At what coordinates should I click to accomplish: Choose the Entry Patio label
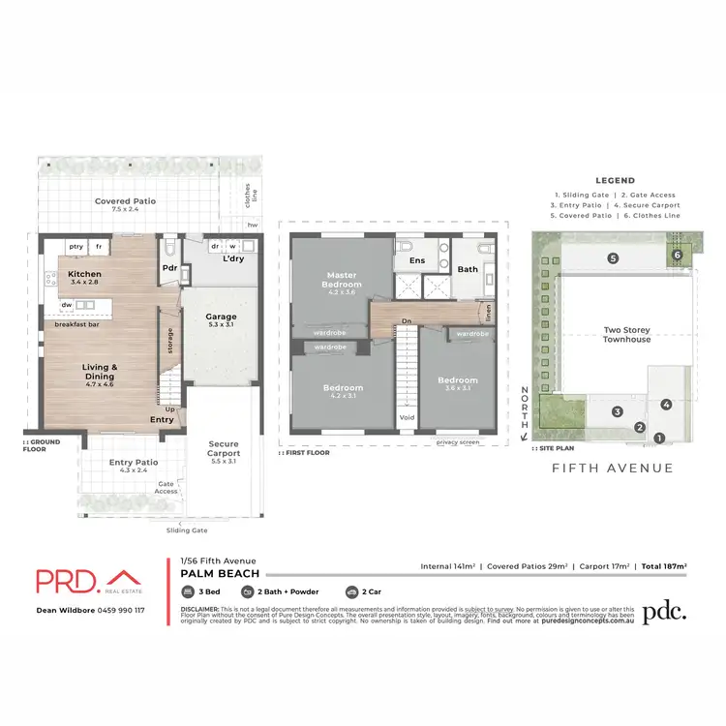(x=133, y=462)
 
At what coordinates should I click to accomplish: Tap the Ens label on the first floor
(x=417, y=260)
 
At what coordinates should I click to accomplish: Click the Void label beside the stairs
(x=407, y=418)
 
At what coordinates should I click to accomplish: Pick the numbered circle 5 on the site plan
(x=613, y=258)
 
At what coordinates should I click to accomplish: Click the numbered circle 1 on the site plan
(x=659, y=439)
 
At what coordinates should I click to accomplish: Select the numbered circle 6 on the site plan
(x=678, y=255)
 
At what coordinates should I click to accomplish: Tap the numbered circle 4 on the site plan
(x=666, y=404)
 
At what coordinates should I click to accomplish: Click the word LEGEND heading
(x=615, y=180)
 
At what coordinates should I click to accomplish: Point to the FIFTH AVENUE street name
(x=612, y=469)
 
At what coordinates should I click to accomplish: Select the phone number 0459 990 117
(x=113, y=610)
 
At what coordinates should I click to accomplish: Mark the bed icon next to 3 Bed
(x=188, y=590)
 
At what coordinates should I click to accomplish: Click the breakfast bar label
(x=76, y=324)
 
